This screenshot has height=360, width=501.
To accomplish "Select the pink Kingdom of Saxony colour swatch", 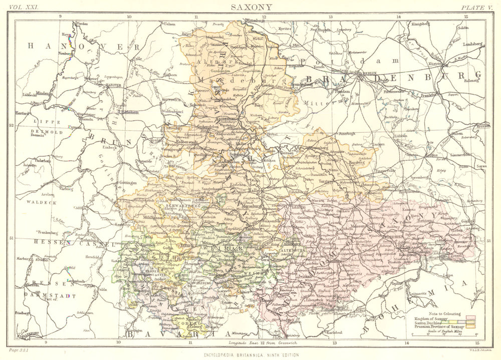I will (469, 317).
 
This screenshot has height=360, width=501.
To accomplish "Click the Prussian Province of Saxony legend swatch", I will (469, 327).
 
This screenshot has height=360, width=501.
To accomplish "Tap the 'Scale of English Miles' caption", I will (446, 331).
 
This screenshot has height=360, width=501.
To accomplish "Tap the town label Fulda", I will (103, 288).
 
